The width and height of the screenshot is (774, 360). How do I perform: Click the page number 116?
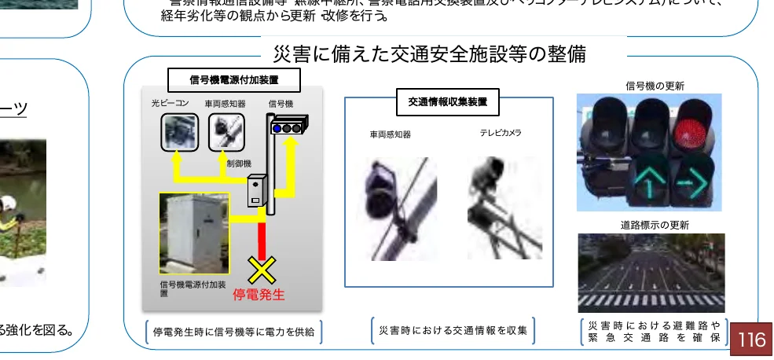(x=750, y=340)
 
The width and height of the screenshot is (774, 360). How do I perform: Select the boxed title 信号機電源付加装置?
(x=234, y=79)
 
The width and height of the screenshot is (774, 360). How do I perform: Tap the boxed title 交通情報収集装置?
(x=448, y=101)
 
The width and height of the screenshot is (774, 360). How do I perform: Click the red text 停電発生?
(x=259, y=296)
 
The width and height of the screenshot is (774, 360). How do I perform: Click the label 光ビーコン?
(x=171, y=103)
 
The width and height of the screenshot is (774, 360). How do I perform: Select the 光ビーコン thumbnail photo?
(x=180, y=132)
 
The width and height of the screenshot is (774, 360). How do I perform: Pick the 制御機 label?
(x=238, y=163)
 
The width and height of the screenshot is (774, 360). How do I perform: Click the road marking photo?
(x=651, y=272)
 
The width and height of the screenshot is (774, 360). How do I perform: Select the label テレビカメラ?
(x=501, y=133)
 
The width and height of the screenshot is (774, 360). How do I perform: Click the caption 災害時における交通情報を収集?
(x=453, y=331)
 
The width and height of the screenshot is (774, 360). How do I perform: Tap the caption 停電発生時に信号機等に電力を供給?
(x=233, y=332)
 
